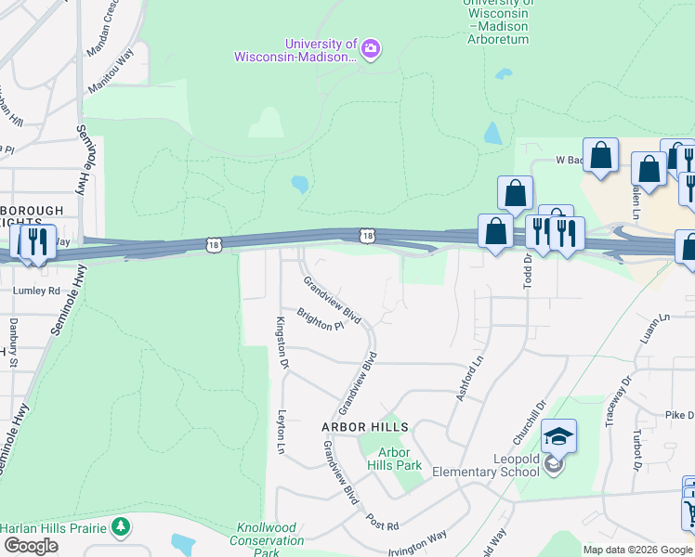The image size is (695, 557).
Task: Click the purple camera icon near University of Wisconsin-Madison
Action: [371, 49]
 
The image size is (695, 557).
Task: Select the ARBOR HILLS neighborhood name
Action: [365, 427]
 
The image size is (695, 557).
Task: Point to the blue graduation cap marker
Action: [559, 436]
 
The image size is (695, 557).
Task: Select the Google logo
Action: [31, 546]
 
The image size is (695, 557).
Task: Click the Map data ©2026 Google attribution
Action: [636, 550]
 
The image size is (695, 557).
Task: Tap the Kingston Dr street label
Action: [281, 341]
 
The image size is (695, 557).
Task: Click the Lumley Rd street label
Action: [35, 290]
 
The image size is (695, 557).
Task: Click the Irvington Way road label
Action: [416, 538]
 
